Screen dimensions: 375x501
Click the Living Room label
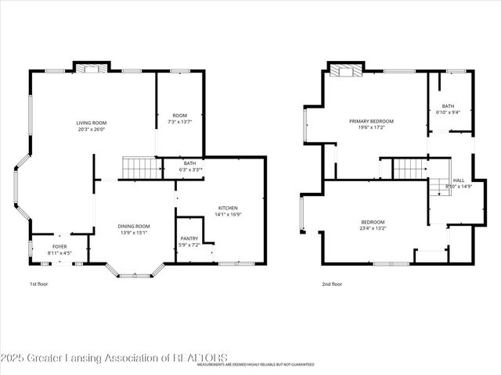tap(92, 123)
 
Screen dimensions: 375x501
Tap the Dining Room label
tap(133, 227)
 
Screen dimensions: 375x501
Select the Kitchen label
tap(228, 207)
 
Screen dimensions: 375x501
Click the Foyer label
tap(59, 247)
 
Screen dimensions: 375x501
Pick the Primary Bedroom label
tap(371, 121)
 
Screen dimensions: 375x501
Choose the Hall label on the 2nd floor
tap(458, 180)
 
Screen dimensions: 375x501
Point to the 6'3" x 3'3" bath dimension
tap(191, 170)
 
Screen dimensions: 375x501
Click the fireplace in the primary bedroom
tap(345, 72)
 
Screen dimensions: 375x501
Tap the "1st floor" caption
tap(38, 284)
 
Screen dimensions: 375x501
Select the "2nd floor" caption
tap(332, 284)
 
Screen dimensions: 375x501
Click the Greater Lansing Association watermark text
tap(114, 358)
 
